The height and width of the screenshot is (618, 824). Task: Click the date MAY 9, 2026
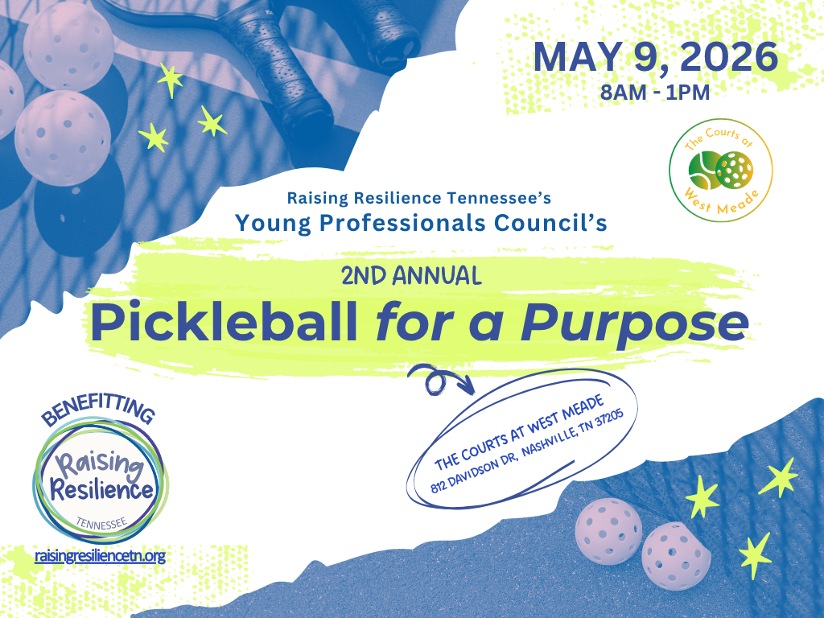[x=655, y=57]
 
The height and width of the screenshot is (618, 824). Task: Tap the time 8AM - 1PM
[x=655, y=92]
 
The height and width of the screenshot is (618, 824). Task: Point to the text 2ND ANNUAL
[x=411, y=276]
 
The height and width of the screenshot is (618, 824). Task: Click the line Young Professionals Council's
[x=421, y=222]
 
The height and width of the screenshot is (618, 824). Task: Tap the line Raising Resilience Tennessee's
[x=418, y=197]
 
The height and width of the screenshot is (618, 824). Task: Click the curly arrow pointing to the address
[x=439, y=380]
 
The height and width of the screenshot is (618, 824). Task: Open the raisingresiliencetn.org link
[x=100, y=556]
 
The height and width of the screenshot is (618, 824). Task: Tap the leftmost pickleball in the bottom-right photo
[x=607, y=531]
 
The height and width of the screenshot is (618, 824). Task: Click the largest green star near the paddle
[x=170, y=79]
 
